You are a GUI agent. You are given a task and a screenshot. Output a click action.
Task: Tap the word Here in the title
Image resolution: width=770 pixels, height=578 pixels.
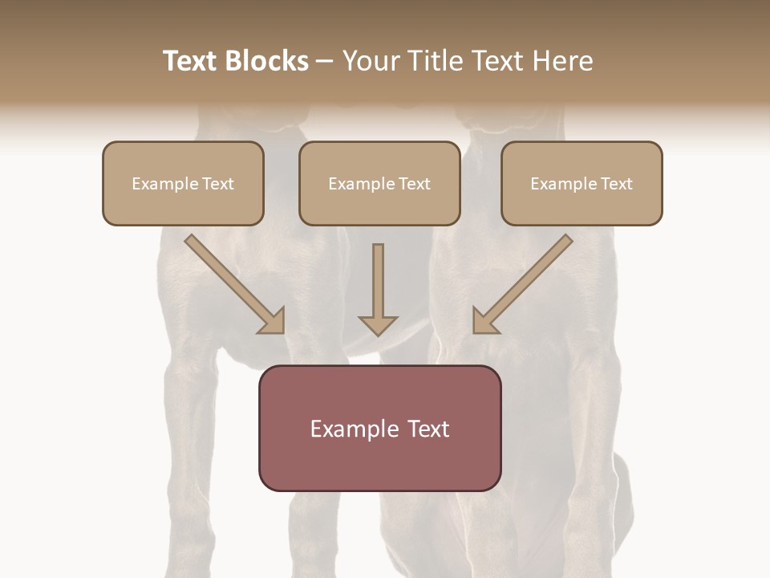[x=561, y=61]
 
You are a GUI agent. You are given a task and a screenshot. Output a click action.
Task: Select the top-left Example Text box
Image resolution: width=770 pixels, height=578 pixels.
[x=183, y=184]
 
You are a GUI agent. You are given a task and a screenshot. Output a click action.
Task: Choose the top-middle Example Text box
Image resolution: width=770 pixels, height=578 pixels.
[x=379, y=184]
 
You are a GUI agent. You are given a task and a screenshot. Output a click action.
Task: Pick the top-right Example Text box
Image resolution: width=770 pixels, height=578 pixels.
[x=582, y=184]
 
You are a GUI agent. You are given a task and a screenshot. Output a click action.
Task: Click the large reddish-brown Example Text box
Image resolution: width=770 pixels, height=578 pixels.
[x=379, y=428]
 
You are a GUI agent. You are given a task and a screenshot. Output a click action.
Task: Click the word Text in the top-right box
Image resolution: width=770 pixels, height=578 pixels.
[x=616, y=184]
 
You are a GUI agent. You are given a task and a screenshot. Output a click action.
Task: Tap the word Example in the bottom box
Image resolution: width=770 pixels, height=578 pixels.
[x=354, y=429]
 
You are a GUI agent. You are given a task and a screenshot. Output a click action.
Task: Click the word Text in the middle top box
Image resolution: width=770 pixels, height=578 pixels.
[x=414, y=184]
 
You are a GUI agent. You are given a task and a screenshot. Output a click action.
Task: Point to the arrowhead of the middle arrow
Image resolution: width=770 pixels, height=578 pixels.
[x=378, y=325]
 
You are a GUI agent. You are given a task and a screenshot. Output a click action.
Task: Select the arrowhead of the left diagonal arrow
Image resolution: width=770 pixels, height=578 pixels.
[x=274, y=322]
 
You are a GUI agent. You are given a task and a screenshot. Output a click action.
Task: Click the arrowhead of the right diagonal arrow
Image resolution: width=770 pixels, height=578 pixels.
[x=484, y=322]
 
